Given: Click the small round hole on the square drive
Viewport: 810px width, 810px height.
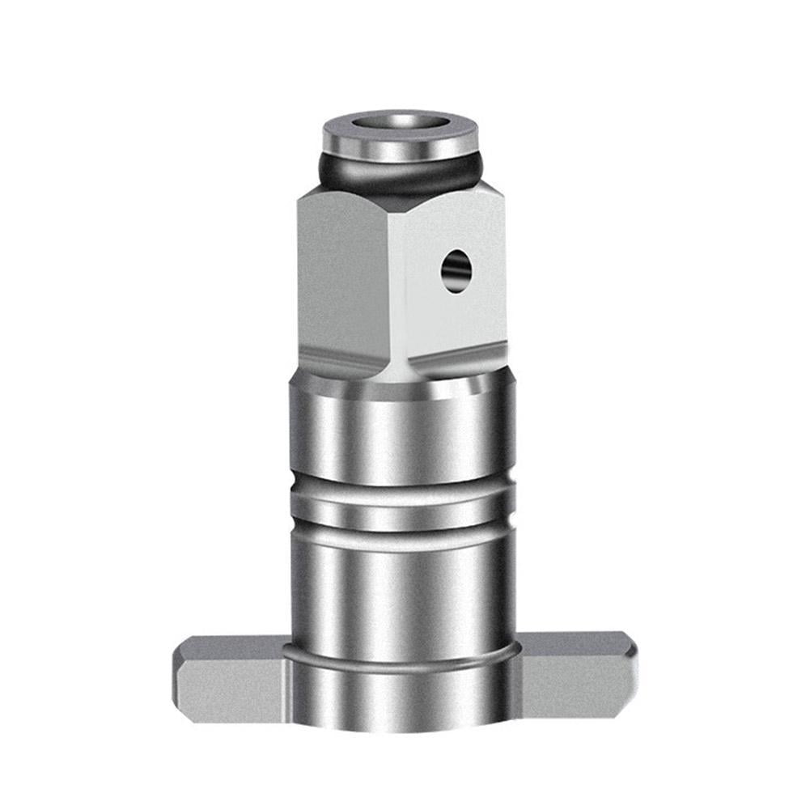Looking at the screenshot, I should click(x=456, y=269).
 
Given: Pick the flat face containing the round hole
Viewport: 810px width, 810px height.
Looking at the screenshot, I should click(x=453, y=299).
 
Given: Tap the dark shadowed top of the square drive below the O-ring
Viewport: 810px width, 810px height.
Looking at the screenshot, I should click(x=404, y=195).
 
